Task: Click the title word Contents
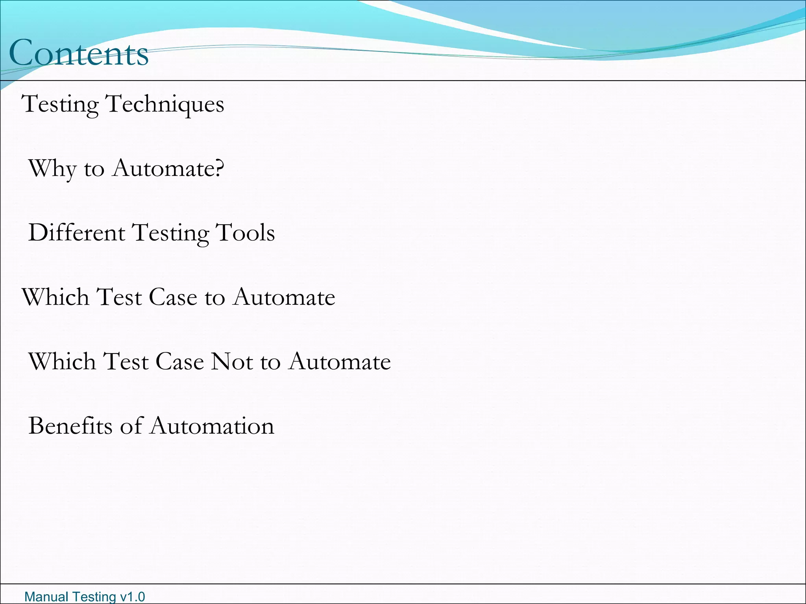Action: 79,53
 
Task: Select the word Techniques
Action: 165,104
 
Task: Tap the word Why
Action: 52,169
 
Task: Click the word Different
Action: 77,232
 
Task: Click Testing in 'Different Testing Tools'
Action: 170,233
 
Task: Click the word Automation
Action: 212,425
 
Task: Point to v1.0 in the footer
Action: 132,597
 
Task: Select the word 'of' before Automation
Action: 131,425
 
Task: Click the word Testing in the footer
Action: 94,597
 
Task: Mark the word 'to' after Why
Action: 94,169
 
